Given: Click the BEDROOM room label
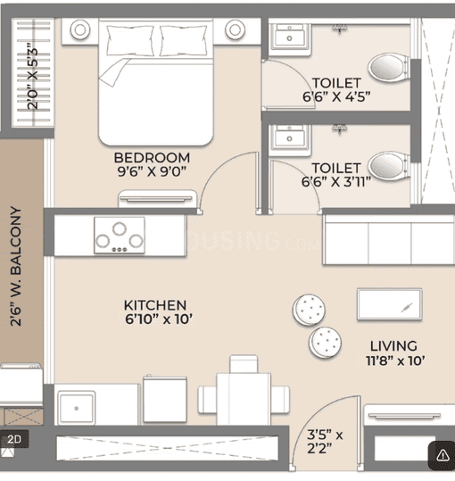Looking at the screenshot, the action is pyautogui.click(x=152, y=158).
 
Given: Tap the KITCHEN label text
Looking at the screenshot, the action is pyautogui.click(x=155, y=305).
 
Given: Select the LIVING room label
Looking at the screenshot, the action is pyautogui.click(x=393, y=346).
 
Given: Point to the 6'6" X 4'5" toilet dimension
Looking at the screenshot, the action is pyautogui.click(x=336, y=97).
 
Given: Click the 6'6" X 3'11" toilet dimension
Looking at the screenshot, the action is pyautogui.click(x=336, y=182).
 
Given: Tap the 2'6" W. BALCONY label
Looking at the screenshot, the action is pyautogui.click(x=16, y=266).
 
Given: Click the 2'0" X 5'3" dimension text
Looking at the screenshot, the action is pyautogui.click(x=32, y=79).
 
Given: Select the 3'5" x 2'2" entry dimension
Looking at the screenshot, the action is pyautogui.click(x=325, y=442).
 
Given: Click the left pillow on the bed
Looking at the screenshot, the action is pyautogui.click(x=130, y=41).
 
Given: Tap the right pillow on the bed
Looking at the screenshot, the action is pyautogui.click(x=183, y=41).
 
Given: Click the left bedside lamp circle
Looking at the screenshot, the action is pyautogui.click(x=80, y=29).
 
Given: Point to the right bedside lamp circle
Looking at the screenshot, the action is pyautogui.click(x=236, y=29).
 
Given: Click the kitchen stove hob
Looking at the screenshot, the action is pyautogui.click(x=120, y=236).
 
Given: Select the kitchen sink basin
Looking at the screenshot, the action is pyautogui.click(x=77, y=408).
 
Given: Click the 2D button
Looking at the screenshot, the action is pyautogui.click(x=14, y=439).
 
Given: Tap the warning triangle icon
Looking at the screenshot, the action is pyautogui.click(x=443, y=455).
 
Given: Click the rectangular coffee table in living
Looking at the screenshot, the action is pyautogui.click(x=389, y=304).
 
